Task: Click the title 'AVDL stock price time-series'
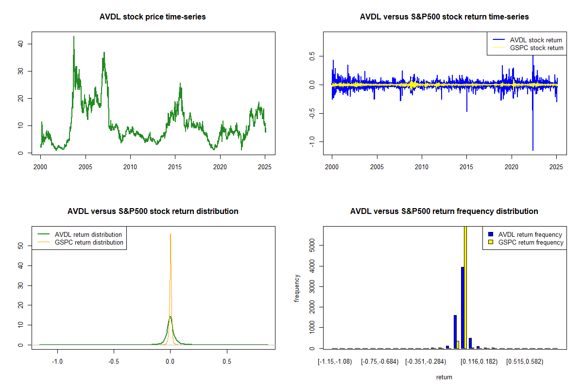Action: click(x=153, y=17)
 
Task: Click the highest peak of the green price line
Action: click(x=74, y=36)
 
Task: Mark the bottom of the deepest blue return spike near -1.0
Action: click(x=533, y=150)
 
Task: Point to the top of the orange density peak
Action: click(x=171, y=234)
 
